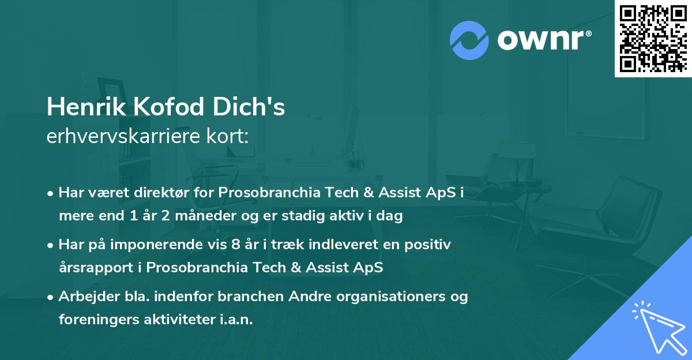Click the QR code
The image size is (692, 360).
click(653, 38)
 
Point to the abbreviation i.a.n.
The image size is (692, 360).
click(236, 320)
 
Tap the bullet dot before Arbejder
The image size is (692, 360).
click(51, 297)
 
